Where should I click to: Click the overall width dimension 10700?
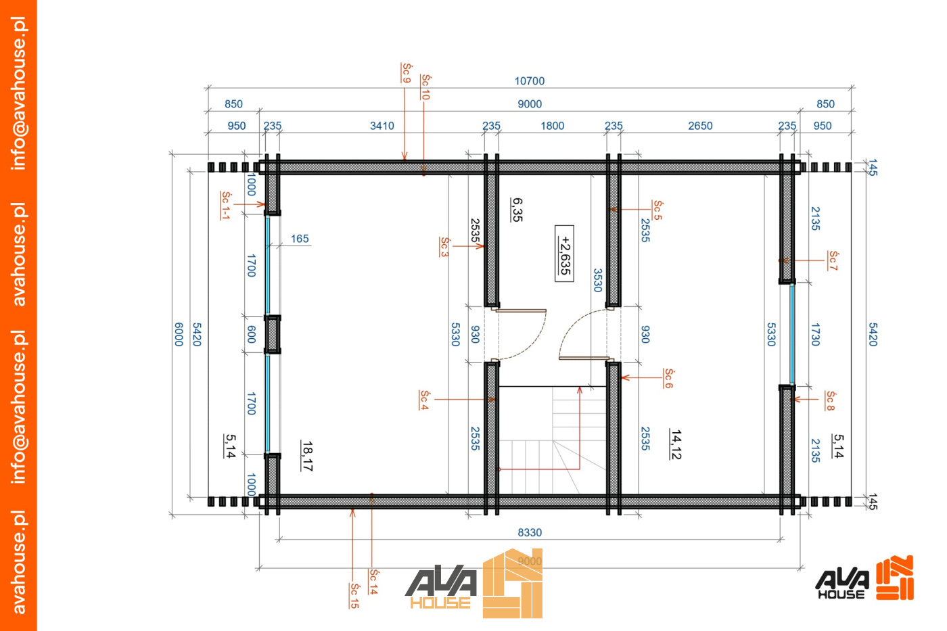pos(529,80)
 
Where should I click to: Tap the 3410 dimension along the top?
pos(382,126)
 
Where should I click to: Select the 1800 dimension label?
pos(552,126)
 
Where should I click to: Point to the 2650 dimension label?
pos(700,126)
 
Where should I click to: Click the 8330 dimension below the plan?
pos(529,532)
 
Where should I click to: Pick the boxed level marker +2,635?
pos(564,254)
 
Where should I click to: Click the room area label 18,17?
pos(307,456)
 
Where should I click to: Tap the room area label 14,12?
pos(676,444)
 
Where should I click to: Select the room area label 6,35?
pos(516,210)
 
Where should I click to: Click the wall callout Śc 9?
pos(407,72)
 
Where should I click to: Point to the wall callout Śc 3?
pos(444,247)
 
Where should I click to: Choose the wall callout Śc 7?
pos(833,260)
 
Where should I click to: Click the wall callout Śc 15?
pos(354,596)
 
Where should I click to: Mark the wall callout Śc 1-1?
pos(225,206)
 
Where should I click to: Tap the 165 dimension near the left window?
pos(299,239)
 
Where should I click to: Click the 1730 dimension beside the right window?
pos(815,334)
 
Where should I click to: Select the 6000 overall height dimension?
pos(179,334)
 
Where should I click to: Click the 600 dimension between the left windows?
pos(251,334)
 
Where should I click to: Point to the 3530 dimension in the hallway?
pos(597,280)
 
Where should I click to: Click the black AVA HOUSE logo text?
pos(841,584)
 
